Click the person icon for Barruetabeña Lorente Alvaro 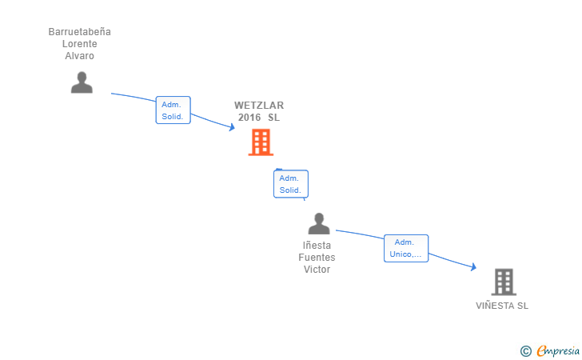[82, 82]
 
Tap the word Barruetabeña [80, 32]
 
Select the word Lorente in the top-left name [80, 44]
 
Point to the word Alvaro [80, 56]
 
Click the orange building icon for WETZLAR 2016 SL [261, 142]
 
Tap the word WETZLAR [259, 106]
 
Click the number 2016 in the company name [249, 118]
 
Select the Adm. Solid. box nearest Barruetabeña [173, 110]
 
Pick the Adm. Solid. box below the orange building [290, 184]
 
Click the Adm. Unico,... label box [406, 248]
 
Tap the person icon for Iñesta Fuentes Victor [319, 224]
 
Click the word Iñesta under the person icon [317, 246]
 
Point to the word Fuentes [317, 258]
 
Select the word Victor [317, 270]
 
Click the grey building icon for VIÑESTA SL [503, 282]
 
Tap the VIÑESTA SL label [502, 306]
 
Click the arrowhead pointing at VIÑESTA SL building [473, 268]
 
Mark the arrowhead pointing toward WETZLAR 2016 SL [232, 126]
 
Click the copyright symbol [525, 350]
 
